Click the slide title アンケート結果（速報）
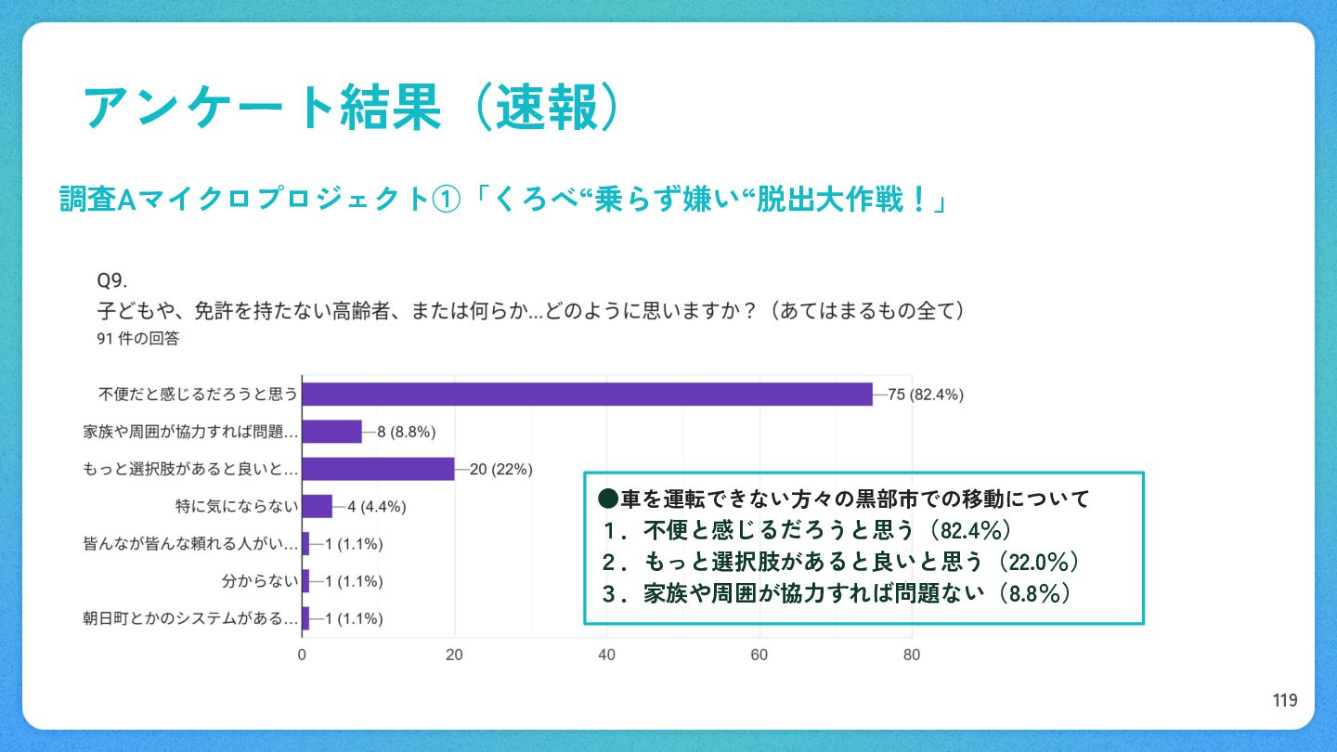tap(351, 108)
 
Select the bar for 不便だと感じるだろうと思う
tap(587, 395)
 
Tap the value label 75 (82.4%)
tap(926, 395)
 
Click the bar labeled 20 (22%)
tap(378, 469)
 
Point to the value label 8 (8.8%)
tap(406, 432)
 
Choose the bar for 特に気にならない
tap(317, 506)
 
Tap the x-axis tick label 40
tap(607, 655)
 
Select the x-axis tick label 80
tap(912, 655)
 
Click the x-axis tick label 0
tap(302, 655)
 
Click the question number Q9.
tap(111, 280)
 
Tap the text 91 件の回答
tap(137, 339)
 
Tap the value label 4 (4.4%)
tap(377, 507)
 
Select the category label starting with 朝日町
tap(191, 618)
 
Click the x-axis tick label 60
tap(759, 655)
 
